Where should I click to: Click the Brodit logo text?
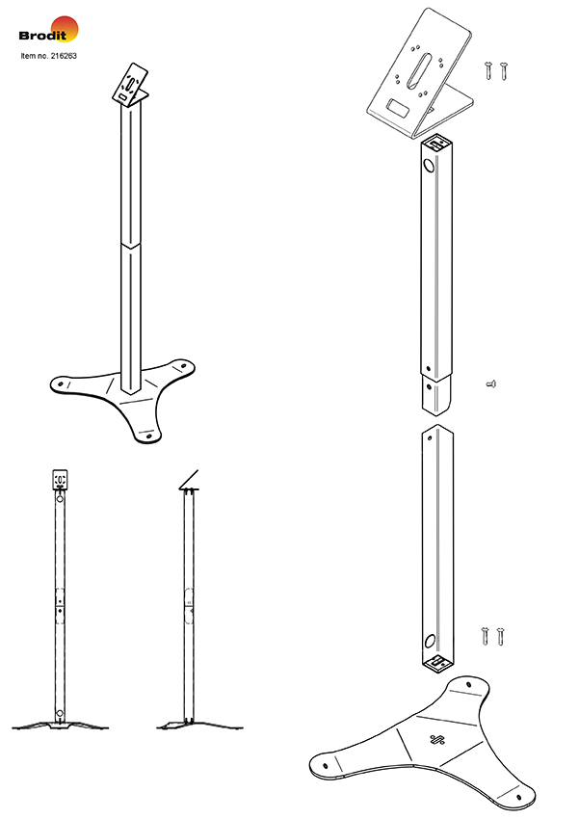pos(42,36)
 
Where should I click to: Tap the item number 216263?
pos(64,55)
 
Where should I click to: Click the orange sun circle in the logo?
pos(65,29)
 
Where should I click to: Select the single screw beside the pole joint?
pos(490,383)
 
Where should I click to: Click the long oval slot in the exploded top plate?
pos(422,68)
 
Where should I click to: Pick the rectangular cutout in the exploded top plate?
pos(397,108)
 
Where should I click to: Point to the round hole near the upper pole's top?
pos(429,166)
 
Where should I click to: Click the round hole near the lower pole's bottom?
pos(430,641)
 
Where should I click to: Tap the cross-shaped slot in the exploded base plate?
pos(437,740)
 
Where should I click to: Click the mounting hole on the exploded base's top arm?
pos(468,684)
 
